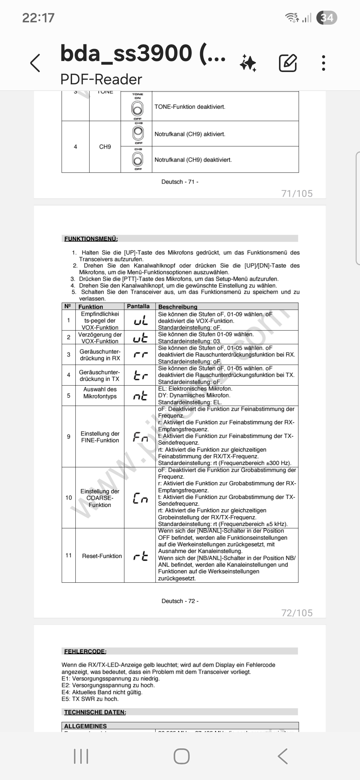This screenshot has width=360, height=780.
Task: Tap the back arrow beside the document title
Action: [x=35, y=63]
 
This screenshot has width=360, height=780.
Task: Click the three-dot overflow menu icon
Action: [x=323, y=63]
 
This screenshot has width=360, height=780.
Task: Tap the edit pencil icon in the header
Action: [x=288, y=63]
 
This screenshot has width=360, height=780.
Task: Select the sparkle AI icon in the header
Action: [x=248, y=63]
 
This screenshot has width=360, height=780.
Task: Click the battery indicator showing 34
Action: [x=327, y=17]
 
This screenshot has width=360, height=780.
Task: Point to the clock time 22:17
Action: [x=38, y=18]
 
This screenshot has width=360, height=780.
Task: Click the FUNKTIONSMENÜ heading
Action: [x=91, y=239]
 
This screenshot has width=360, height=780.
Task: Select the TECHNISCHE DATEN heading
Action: [x=95, y=712]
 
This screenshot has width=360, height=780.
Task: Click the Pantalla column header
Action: [x=138, y=306]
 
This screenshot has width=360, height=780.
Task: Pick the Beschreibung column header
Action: [x=178, y=307]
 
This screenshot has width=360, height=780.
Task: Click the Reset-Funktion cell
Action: [x=102, y=556]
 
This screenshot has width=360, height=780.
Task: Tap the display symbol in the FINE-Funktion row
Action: [x=140, y=437]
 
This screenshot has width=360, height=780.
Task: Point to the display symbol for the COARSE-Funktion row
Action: [x=140, y=498]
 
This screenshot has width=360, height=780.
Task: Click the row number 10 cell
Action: [x=69, y=498]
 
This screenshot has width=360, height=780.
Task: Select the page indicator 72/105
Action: [x=297, y=613]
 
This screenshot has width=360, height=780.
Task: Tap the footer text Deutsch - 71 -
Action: [x=180, y=182]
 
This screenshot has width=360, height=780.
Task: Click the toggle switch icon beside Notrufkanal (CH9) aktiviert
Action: [x=138, y=134]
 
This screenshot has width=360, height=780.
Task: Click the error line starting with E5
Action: [x=90, y=699]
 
